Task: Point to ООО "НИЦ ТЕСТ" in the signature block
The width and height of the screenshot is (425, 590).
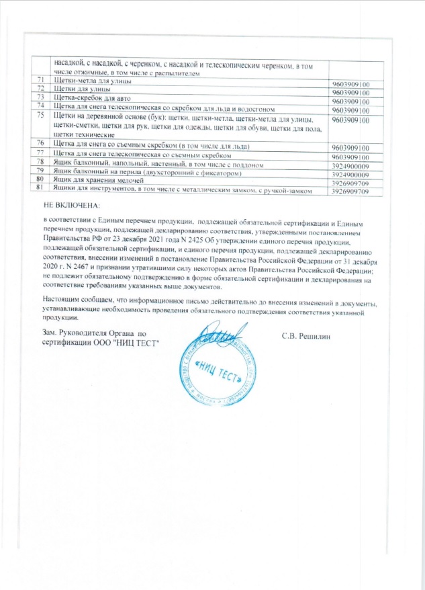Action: [131, 343]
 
